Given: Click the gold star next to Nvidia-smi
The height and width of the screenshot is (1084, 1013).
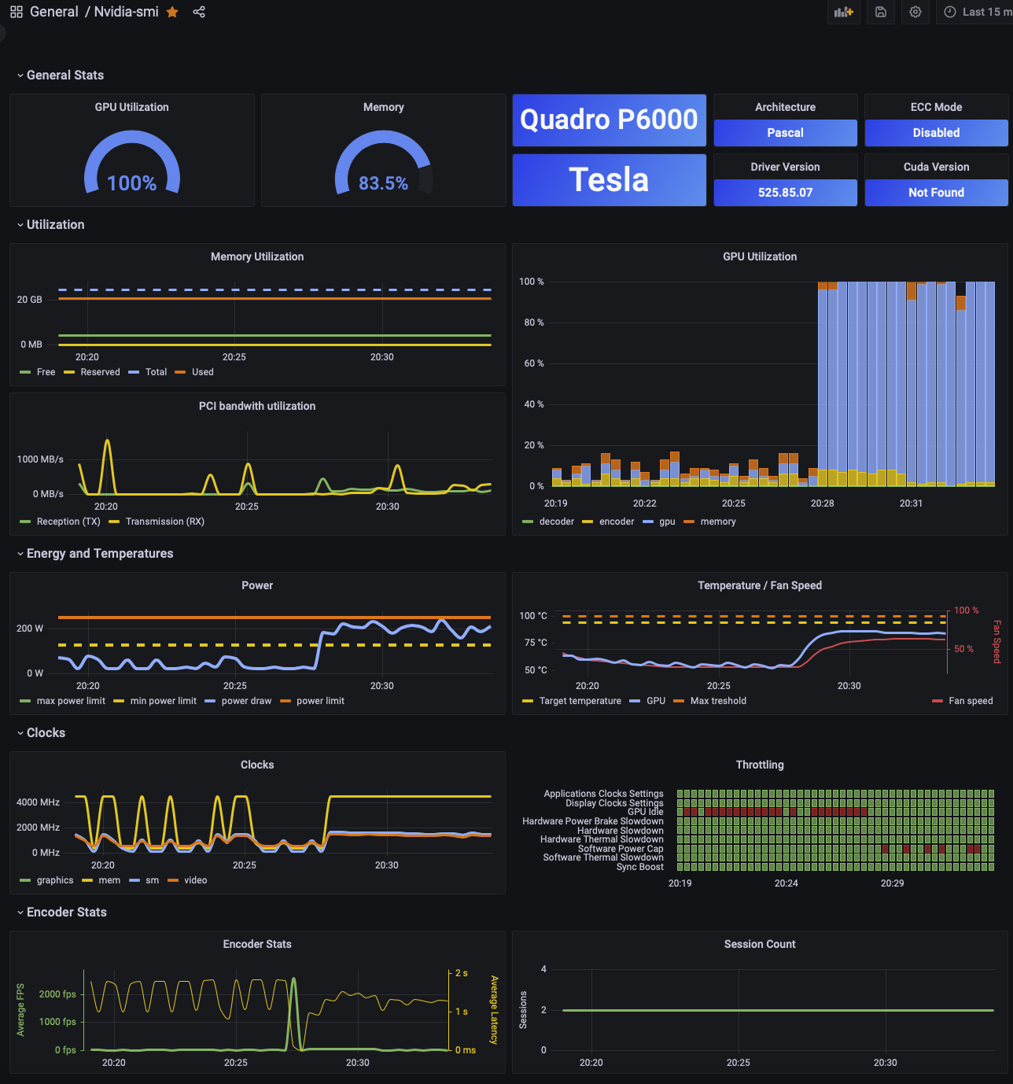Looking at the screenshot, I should [x=172, y=12].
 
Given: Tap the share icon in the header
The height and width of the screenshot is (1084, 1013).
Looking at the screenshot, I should [x=199, y=12].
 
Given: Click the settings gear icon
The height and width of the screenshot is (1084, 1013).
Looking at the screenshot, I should [x=915, y=12].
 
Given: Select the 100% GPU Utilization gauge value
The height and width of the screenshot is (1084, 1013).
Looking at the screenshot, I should [x=132, y=183].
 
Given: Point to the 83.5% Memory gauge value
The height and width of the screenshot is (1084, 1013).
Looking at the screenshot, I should [x=383, y=183].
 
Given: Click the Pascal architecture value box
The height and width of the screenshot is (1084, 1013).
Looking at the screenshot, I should [x=785, y=133].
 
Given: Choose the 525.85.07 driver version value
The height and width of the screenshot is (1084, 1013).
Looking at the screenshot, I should [x=785, y=193].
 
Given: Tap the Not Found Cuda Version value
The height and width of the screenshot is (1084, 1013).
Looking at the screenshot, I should [x=936, y=193].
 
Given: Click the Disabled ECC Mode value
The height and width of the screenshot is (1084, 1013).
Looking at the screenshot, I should [x=936, y=133].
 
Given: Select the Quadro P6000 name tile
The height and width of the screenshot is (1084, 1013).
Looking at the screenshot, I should [x=609, y=120].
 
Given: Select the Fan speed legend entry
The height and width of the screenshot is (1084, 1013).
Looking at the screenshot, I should [x=970, y=701].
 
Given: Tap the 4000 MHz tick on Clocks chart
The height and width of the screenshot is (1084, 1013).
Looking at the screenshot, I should [x=38, y=802].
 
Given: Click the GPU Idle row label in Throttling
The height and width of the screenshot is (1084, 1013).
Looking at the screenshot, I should [x=645, y=812].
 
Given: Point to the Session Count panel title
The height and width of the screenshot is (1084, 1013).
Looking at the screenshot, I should [x=760, y=944].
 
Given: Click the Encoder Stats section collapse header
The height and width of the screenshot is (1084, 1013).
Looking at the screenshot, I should [x=66, y=913].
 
